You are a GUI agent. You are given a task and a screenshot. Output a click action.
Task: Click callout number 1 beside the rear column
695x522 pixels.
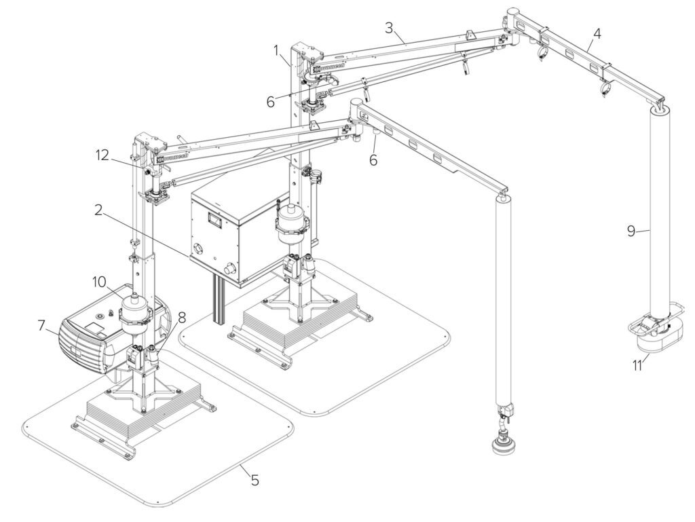click(x=276, y=50)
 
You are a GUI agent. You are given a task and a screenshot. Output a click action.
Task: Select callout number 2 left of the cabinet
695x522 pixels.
click(x=98, y=210)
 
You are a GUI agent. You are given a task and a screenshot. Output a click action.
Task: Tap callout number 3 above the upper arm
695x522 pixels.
click(x=388, y=28)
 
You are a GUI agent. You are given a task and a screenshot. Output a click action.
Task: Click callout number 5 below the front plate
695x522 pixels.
click(x=255, y=481)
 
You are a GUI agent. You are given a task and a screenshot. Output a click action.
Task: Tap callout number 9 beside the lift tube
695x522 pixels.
click(x=631, y=231)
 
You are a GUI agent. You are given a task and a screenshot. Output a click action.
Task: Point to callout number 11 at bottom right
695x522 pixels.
click(x=637, y=366)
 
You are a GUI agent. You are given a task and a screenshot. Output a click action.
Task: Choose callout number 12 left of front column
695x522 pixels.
click(x=102, y=155)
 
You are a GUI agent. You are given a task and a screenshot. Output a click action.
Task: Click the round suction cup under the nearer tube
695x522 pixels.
click(x=506, y=447)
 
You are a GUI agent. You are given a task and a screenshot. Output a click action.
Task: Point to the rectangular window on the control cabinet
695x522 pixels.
click(x=215, y=220)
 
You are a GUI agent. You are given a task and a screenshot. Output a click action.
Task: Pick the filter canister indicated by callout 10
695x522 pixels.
click(x=136, y=309)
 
